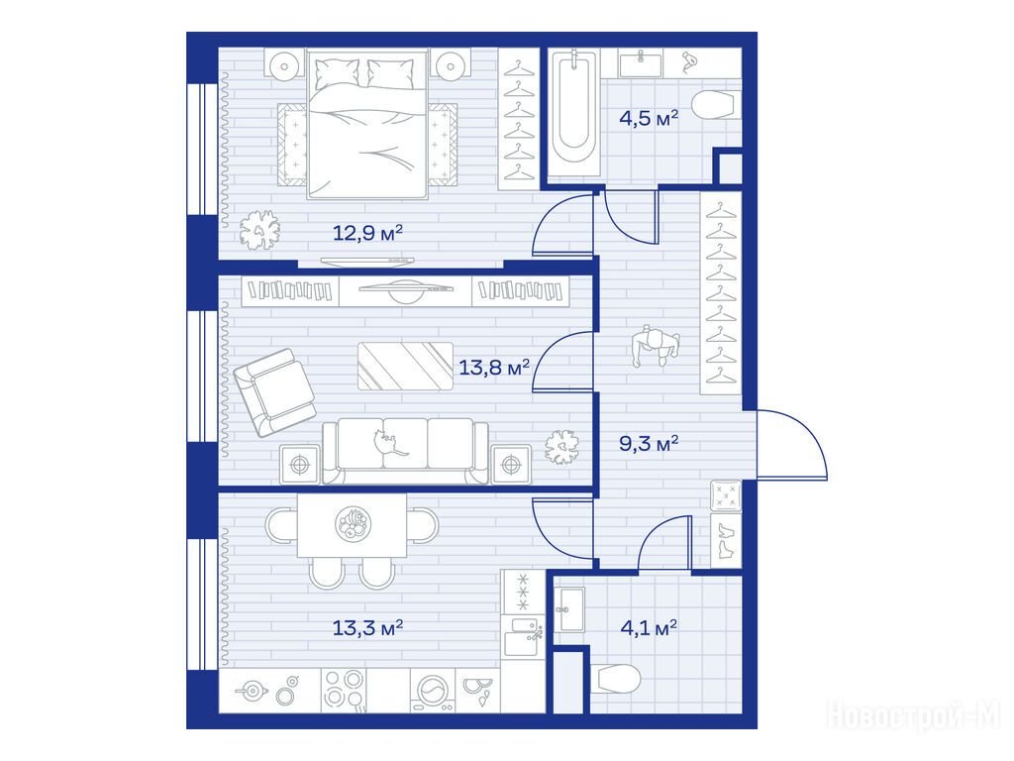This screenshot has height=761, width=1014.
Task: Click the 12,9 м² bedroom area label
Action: (367, 232)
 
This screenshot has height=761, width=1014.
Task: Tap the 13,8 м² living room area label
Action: (494, 369)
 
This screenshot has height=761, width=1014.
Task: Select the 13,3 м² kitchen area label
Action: (367, 627)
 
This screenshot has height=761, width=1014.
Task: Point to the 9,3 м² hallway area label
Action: (649, 444)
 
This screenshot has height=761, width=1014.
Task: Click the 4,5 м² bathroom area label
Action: (649, 119)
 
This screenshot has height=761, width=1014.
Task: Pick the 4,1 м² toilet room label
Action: (649, 627)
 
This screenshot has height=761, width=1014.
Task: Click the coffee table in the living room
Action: (405, 367)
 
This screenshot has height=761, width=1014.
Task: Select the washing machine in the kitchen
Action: (433, 691)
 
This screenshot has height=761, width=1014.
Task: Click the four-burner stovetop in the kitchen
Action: (344, 690)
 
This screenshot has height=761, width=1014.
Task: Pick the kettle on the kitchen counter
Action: (253, 691)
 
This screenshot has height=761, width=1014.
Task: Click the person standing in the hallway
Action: (656, 348)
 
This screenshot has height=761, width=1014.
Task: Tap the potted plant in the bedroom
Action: (260, 230)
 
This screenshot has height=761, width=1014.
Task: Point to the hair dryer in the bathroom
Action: (690, 62)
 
